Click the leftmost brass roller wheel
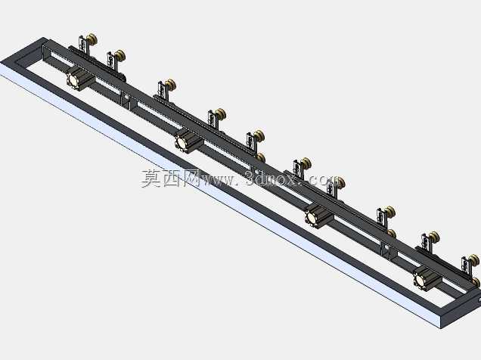(x=92, y=39)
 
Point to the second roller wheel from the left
(x=120, y=56)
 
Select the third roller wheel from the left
(x=170, y=85)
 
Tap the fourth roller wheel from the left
(x=220, y=114)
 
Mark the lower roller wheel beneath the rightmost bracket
(x=476, y=282)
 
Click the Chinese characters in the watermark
(x=170, y=178)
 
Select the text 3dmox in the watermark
(x=272, y=178)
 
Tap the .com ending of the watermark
(x=322, y=180)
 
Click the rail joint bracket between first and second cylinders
(x=126, y=101)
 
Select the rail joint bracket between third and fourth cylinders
(x=385, y=250)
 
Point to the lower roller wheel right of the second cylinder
(x=261, y=157)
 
